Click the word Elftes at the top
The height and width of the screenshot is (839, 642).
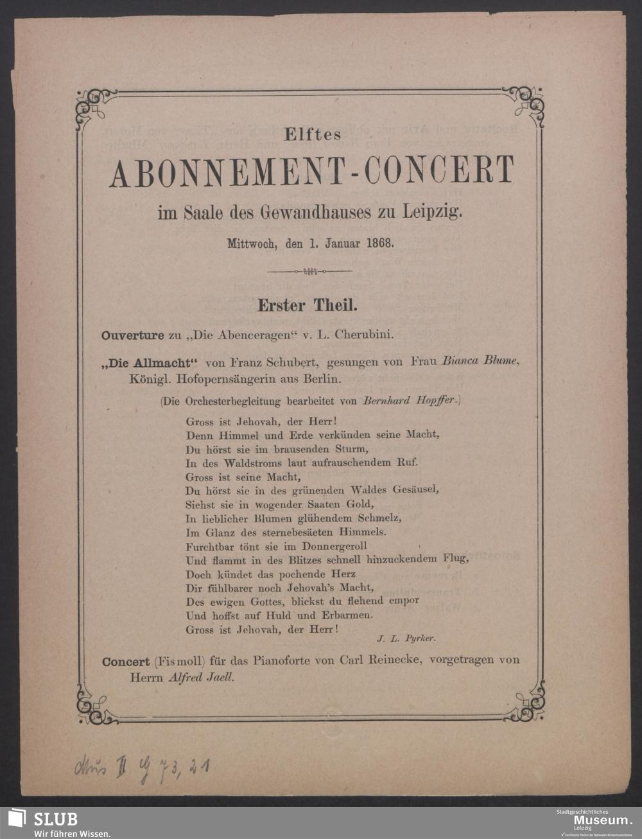point(313,135)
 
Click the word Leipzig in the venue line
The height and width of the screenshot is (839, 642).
point(433,211)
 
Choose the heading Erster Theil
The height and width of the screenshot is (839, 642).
point(308,305)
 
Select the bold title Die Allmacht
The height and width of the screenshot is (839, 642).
point(148,362)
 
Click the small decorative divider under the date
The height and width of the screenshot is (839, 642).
point(310,272)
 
